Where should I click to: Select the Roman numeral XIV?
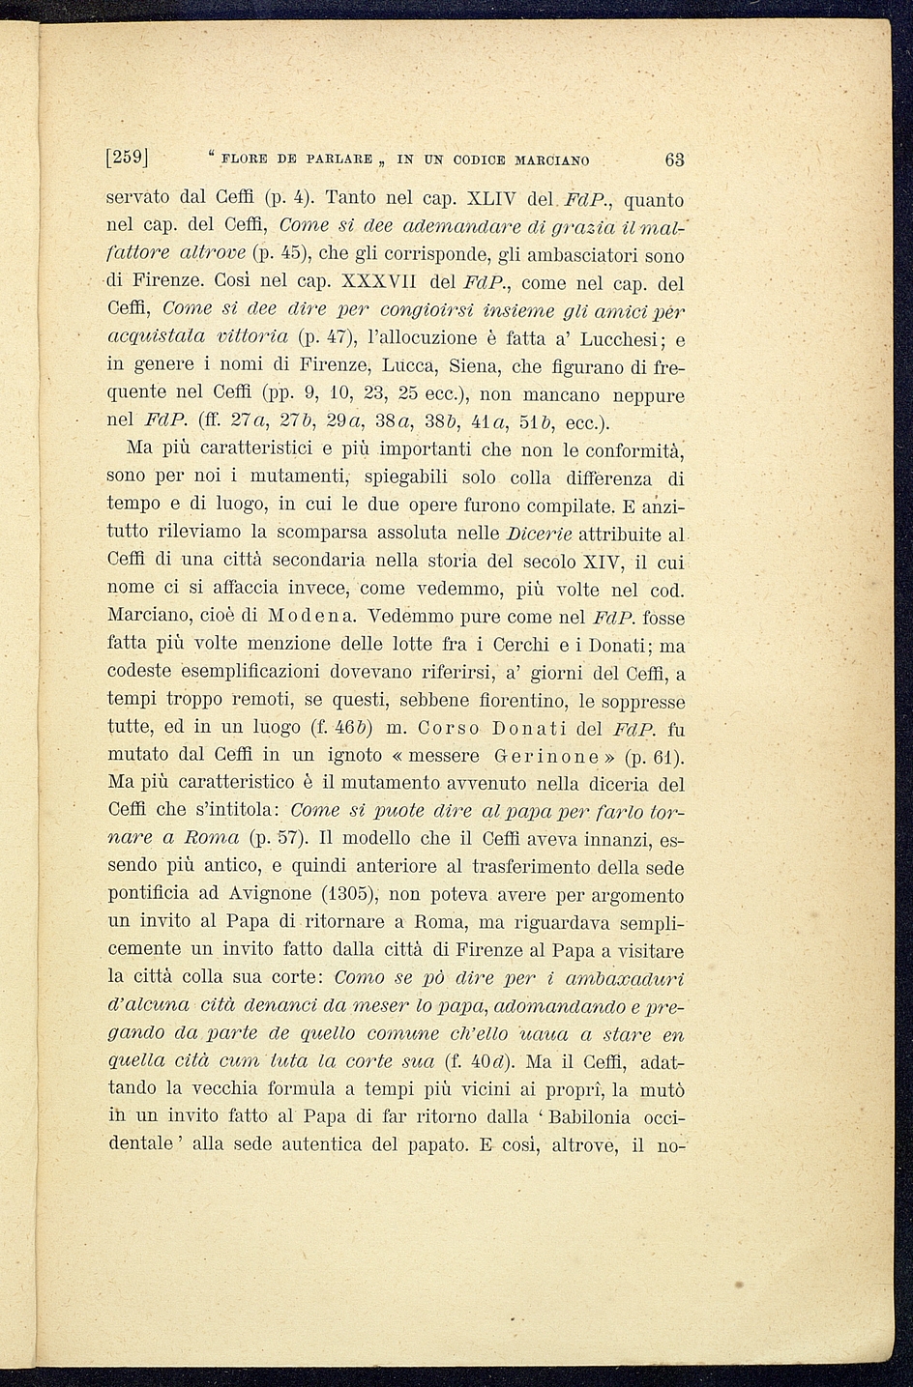604,561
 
